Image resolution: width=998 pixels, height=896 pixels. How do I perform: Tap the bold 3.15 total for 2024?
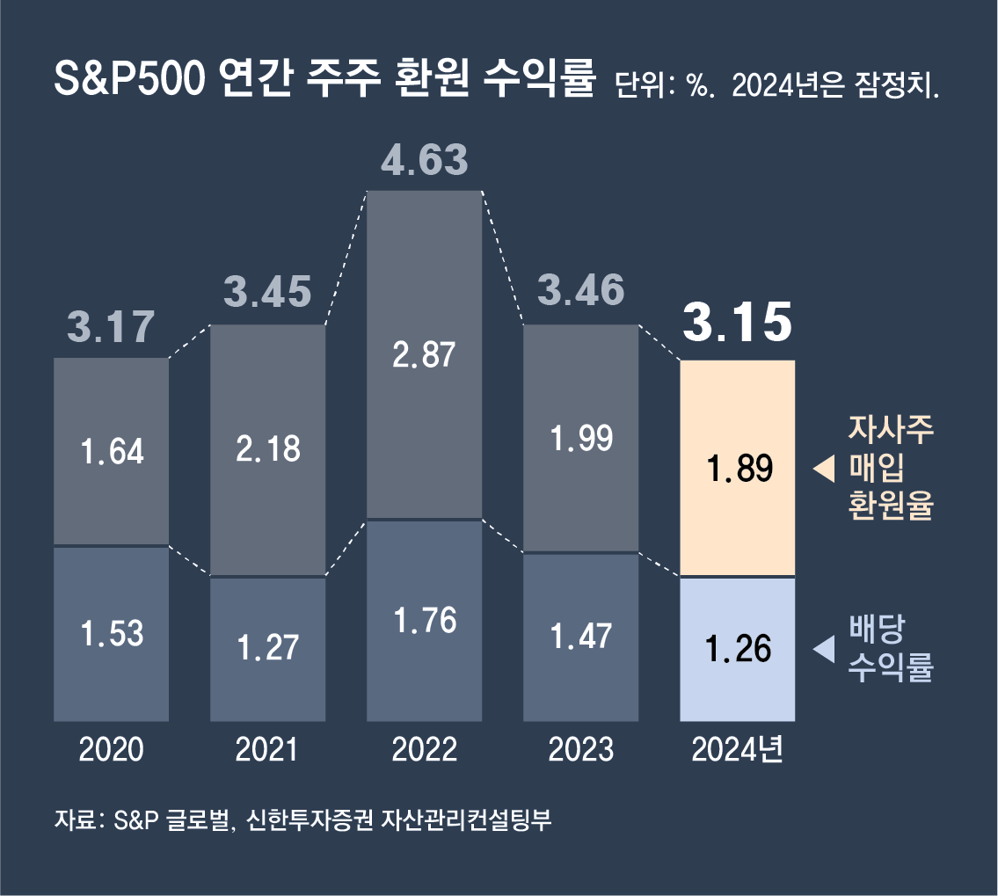[738, 324]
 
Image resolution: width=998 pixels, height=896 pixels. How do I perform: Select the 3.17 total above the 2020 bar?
[111, 327]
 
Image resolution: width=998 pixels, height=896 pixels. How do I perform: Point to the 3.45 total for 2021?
[267, 293]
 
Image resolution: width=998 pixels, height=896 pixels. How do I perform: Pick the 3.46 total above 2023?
[581, 291]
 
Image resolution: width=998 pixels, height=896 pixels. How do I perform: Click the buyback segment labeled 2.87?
[425, 355]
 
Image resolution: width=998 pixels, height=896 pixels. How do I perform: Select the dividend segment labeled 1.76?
[425, 621]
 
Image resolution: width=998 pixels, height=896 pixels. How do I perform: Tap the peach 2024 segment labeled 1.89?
[739, 469]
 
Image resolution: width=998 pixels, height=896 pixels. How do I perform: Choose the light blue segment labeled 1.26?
[739, 649]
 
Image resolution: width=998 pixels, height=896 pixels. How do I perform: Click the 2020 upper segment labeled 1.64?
[111, 452]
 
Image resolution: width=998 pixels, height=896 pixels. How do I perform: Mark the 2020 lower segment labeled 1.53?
[111, 633]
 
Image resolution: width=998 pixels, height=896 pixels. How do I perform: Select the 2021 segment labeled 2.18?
[268, 449]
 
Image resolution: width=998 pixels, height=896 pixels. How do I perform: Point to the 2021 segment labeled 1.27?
[268, 649]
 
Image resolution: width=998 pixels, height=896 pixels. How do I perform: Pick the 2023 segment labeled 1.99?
[581, 438]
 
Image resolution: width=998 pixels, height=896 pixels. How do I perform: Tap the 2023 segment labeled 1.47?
[581, 637]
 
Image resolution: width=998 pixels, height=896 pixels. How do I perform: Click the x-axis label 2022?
[425, 750]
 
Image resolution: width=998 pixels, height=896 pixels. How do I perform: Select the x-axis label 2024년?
[738, 750]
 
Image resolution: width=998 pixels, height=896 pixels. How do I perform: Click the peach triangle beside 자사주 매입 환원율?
[823, 470]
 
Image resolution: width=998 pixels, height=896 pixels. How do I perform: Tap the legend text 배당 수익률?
[890, 649]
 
